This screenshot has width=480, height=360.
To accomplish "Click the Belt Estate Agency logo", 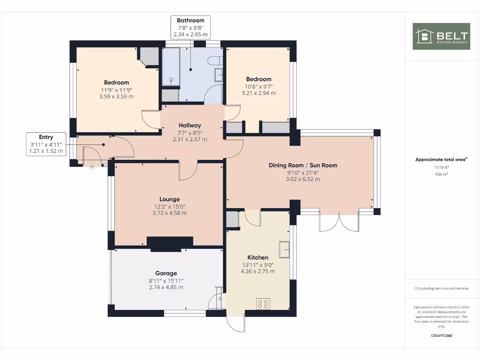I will click(441, 36).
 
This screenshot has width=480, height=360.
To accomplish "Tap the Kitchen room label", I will click(258, 257).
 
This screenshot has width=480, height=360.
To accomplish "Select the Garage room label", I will click(166, 273).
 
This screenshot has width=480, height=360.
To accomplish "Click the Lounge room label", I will click(169, 199).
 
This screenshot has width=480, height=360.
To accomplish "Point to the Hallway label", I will click(190, 125).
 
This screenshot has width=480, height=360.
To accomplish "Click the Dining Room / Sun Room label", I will click(303, 165).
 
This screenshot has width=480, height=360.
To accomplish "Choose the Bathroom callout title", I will click(190, 21).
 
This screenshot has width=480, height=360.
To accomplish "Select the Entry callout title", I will click(46, 137).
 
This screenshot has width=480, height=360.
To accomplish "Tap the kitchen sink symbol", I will click(284, 249).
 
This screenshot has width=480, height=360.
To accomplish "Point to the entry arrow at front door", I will click(92, 167).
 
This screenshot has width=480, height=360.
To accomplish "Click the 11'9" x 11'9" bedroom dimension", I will click(116, 90).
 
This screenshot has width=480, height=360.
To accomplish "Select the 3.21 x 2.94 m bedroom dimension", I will click(258, 93).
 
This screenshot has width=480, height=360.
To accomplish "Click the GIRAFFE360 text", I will click(441, 336).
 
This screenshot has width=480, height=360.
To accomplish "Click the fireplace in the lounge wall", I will click(170, 243).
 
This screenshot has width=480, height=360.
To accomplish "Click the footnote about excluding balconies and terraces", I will click(441, 288).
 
